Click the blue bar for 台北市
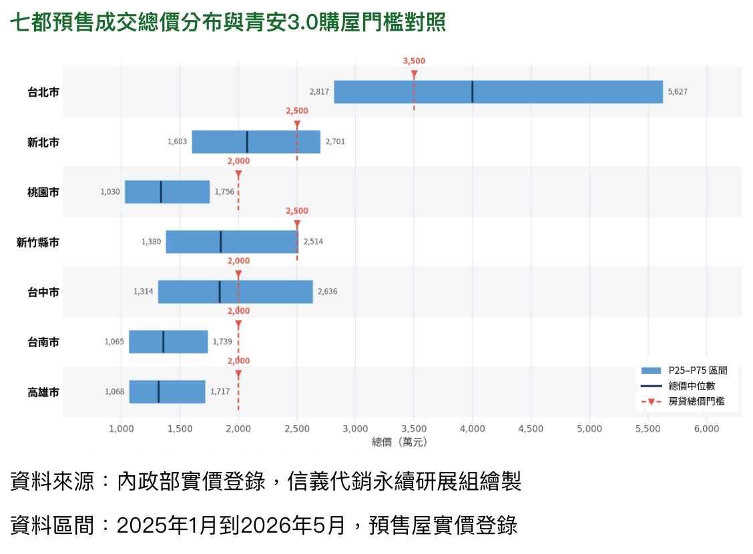(499, 91)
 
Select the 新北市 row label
(43, 142)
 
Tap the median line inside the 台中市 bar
(220, 292)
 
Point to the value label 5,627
(677, 91)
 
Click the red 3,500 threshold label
(414, 61)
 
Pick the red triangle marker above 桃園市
(238, 174)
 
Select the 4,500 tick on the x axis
(531, 429)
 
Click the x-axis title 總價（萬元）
(400, 442)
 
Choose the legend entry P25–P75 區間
(684, 370)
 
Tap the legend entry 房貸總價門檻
(683, 401)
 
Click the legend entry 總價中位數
(678, 386)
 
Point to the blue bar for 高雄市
(167, 392)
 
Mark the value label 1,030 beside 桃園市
(110, 192)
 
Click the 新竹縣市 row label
(38, 242)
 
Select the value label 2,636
(328, 292)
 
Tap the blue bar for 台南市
(168, 342)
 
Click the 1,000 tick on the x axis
(121, 429)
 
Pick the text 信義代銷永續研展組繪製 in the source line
(405, 481)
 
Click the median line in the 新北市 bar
(247, 142)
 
